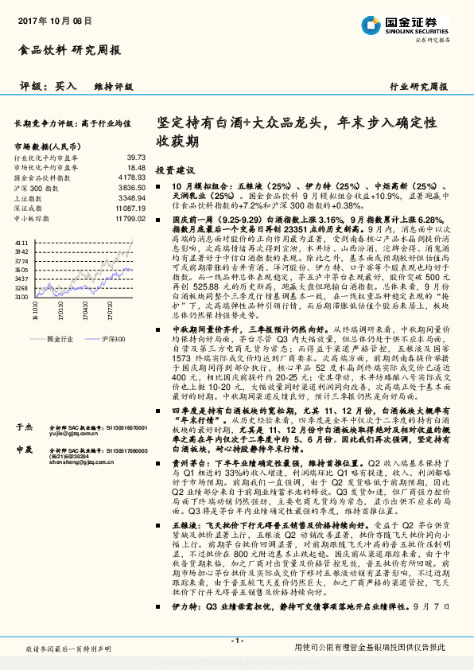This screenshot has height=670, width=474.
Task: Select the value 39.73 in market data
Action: coord(135,158)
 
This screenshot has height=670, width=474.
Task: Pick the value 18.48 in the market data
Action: coord(135,168)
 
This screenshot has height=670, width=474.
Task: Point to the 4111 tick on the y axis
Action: coord(21,240)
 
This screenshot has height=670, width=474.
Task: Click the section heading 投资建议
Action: coord(175,170)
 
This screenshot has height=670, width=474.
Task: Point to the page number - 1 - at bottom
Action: coord(236,641)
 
